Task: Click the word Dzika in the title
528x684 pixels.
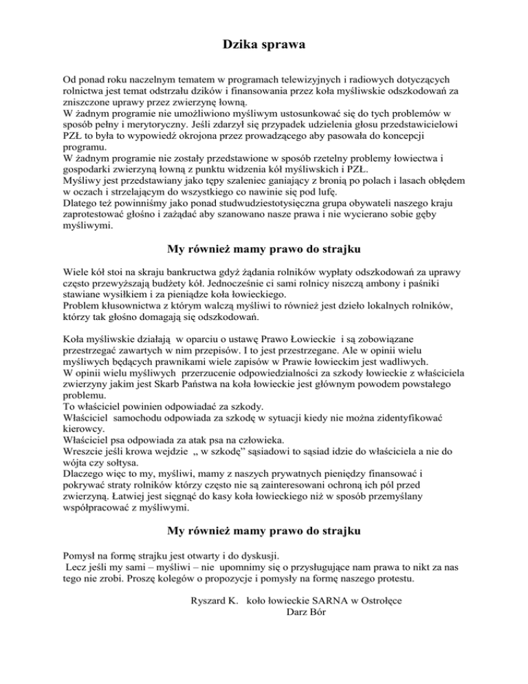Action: (x=240, y=45)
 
